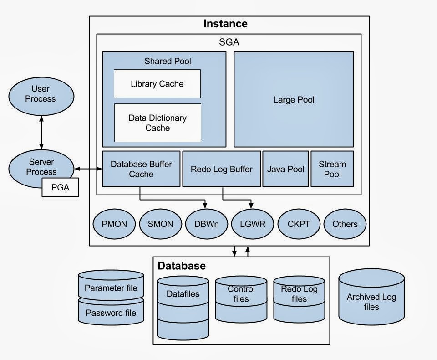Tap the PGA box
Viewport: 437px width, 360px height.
click(x=60, y=187)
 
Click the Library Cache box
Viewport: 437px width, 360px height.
click(x=157, y=84)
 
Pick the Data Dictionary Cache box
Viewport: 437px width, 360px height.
click(x=157, y=123)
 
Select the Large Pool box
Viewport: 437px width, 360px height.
click(x=294, y=99)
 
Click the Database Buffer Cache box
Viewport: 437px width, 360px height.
click(x=141, y=169)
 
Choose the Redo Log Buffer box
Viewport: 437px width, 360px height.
click(x=222, y=169)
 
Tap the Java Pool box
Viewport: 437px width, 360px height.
click(x=285, y=169)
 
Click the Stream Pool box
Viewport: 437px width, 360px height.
click(x=332, y=169)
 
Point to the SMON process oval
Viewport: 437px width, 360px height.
click(x=160, y=224)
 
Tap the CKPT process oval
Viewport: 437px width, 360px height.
click(x=299, y=224)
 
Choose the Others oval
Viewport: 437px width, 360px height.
click(x=345, y=224)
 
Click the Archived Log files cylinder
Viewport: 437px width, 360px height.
click(x=371, y=302)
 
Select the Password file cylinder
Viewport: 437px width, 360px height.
click(x=111, y=313)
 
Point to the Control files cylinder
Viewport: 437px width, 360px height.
click(x=241, y=299)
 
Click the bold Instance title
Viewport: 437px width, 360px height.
click(x=225, y=24)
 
